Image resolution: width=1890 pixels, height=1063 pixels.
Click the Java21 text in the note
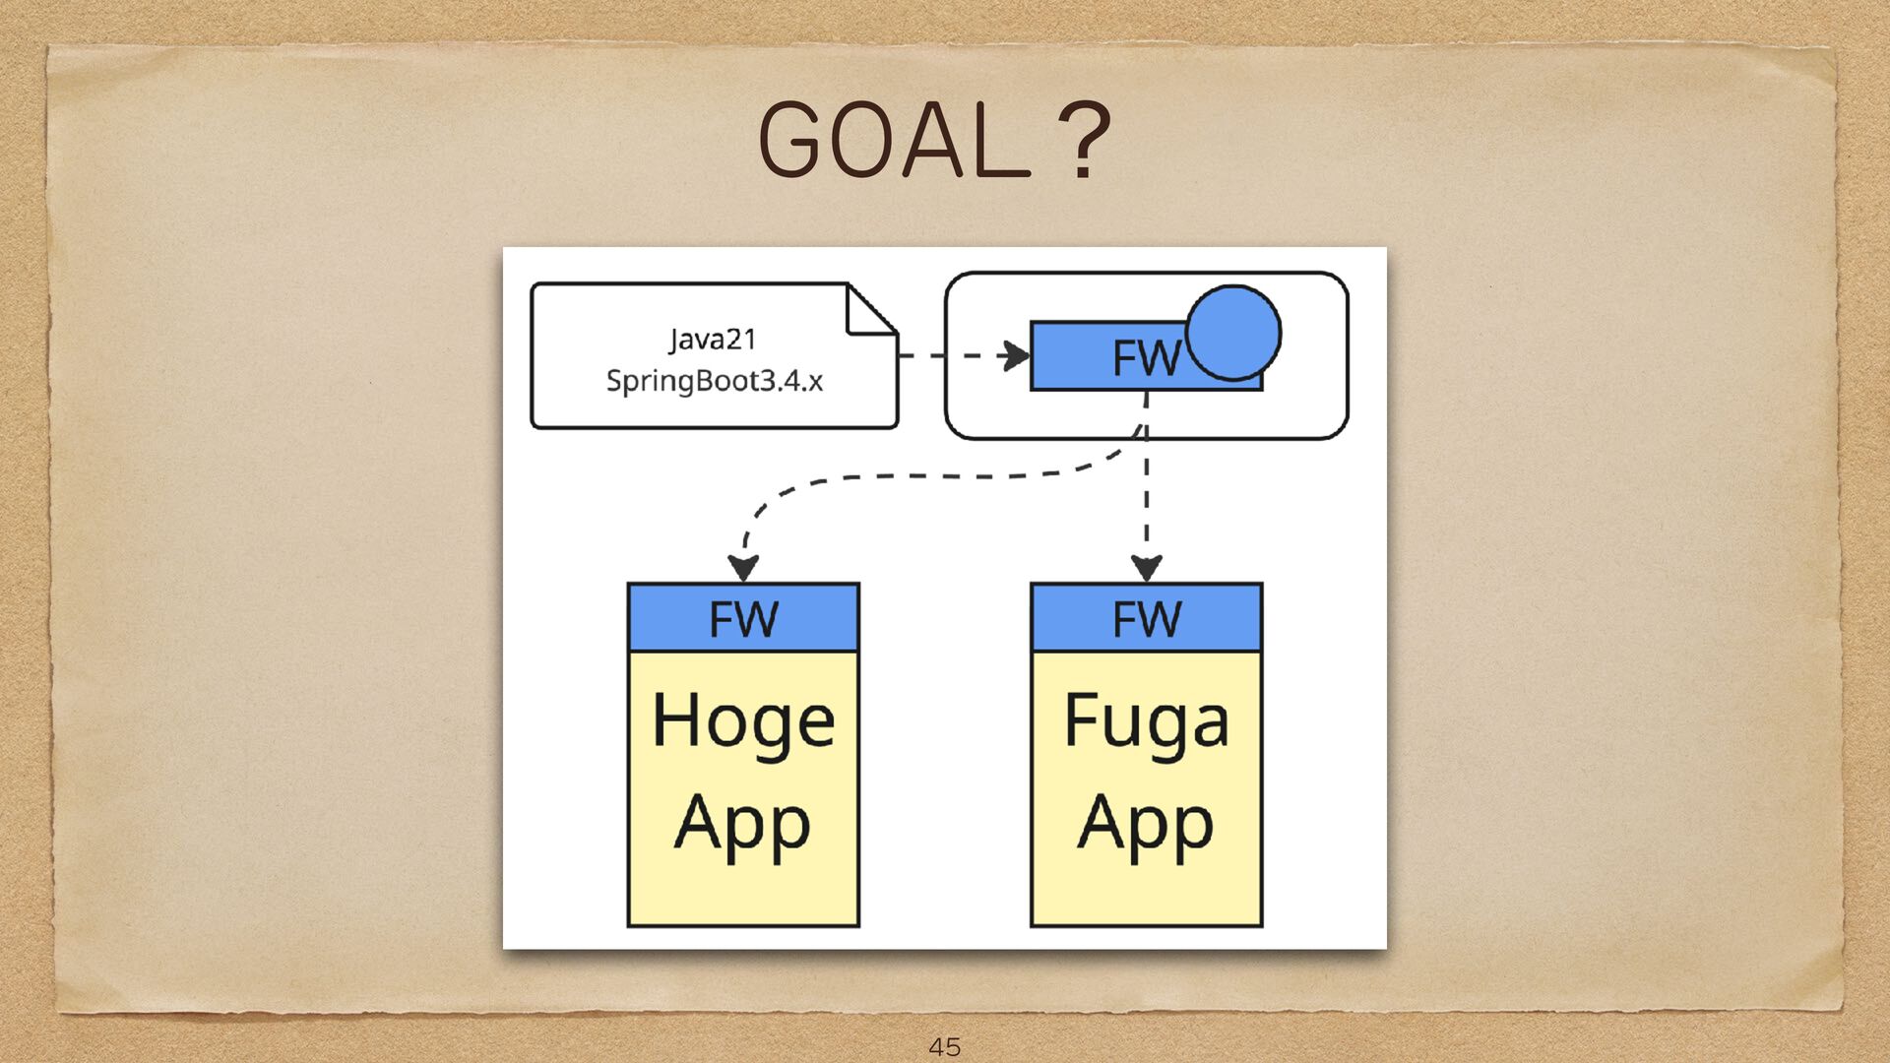[713, 340]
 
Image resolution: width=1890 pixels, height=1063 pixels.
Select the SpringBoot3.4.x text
[714, 381]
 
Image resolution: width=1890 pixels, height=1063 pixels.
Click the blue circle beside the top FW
[1232, 333]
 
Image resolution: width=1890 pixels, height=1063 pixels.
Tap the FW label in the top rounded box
[1145, 357]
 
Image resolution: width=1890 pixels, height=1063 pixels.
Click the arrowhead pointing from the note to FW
[1014, 355]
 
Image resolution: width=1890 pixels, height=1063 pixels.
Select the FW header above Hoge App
[743, 618]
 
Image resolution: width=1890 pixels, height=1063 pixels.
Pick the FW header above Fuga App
[1146, 618]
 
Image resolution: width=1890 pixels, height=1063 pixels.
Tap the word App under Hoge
[742, 825]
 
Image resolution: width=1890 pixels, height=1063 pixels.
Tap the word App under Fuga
[1146, 825]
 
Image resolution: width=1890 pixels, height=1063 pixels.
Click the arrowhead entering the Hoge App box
[743, 569]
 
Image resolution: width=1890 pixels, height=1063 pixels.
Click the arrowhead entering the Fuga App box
[1146, 569]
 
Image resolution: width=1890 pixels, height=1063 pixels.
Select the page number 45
[944, 1046]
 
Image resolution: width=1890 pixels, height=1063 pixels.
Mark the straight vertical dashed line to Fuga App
[1146, 502]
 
